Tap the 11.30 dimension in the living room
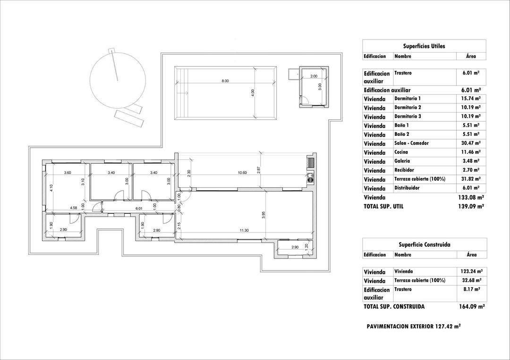pyautogui.click(x=244, y=230)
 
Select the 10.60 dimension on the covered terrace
pyautogui.click(x=242, y=173)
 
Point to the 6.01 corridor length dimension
pyautogui.click(x=139, y=208)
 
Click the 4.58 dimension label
pyautogui.click(x=74, y=208)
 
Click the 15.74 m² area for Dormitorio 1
pyautogui.click(x=470, y=99)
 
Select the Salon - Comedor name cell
pyautogui.click(x=411, y=143)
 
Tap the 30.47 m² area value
pyautogui.click(x=470, y=143)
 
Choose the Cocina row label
pyautogui.click(x=401, y=152)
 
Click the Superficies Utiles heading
pyautogui.click(x=424, y=46)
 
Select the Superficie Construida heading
pyautogui.click(x=424, y=245)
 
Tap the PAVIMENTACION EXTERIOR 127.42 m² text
pyautogui.click(x=414, y=326)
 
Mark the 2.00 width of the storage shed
pyautogui.click(x=314, y=76)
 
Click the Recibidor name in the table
pyautogui.click(x=404, y=170)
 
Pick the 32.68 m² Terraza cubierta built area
pyautogui.click(x=470, y=281)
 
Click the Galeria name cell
pyautogui.click(x=402, y=161)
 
